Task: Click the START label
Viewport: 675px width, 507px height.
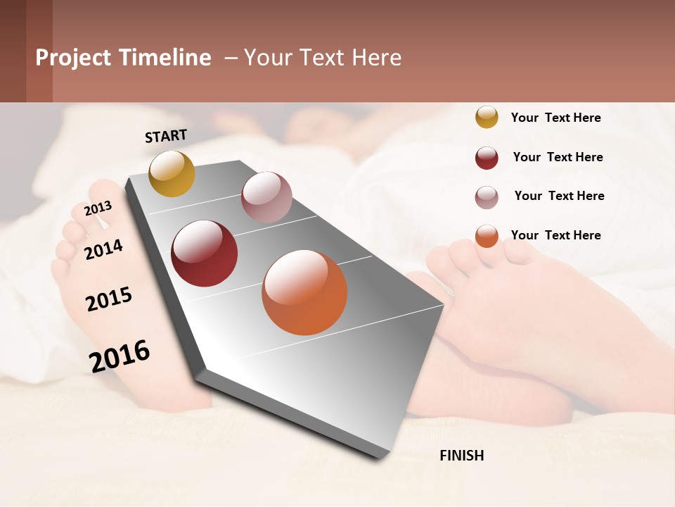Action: [x=166, y=136]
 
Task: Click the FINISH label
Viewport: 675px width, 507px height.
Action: [x=462, y=456]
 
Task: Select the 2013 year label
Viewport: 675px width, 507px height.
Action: [x=98, y=208]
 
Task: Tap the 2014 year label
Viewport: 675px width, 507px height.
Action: [x=103, y=249]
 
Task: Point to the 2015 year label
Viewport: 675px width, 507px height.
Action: [x=109, y=299]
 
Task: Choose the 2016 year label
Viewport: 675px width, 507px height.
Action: [x=120, y=356]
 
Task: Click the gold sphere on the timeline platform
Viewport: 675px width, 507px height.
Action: [x=172, y=173]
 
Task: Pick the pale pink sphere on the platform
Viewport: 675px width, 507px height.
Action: [x=266, y=196]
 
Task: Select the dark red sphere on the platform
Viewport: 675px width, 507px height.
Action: [x=205, y=254]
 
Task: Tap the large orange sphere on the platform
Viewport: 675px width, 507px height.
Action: [x=304, y=292]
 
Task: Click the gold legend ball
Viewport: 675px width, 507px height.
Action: [x=487, y=117]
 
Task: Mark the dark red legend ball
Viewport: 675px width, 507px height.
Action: [x=487, y=158]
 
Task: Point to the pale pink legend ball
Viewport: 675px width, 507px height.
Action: [x=487, y=197]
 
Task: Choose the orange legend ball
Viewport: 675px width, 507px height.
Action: [x=487, y=236]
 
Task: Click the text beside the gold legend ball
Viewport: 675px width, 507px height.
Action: [x=555, y=118]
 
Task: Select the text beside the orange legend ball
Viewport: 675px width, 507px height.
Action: [x=555, y=235]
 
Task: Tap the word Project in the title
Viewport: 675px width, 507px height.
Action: [x=74, y=58]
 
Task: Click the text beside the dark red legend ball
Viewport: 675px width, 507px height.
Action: [x=558, y=157]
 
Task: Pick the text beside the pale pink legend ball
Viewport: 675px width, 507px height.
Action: [x=559, y=196]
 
